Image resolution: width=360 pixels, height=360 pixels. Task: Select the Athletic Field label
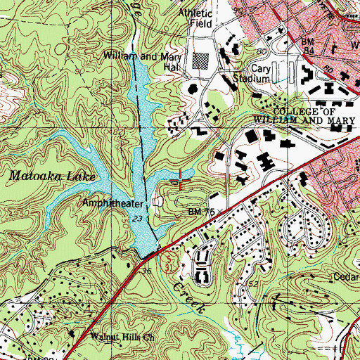coord(195,18)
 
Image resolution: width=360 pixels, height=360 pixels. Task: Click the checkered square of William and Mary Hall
coord(202,60)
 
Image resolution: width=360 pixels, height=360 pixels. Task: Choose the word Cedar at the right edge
coord(347,276)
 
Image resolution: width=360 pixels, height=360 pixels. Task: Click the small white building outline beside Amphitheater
coord(157,203)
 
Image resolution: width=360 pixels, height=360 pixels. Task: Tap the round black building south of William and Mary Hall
coord(191,89)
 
